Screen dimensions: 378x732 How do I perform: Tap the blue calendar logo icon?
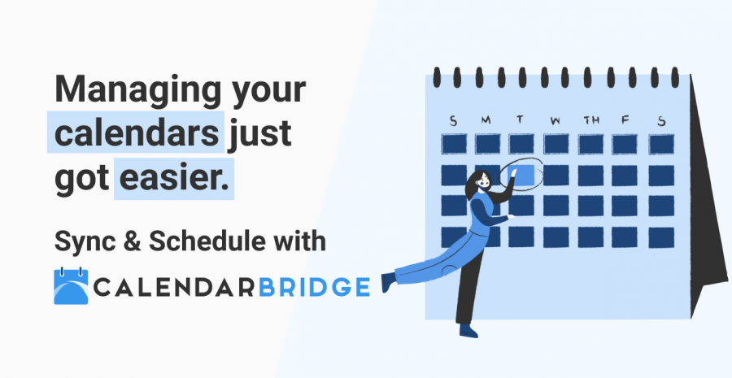pos(70,286)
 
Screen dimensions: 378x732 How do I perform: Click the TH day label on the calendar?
pos(591,121)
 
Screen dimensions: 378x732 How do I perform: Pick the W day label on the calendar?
pos(556,121)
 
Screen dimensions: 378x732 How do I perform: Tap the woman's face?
pos(480,182)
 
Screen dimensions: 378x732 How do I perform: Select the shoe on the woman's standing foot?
pos(468,331)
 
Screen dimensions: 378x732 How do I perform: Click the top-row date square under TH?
pos(591,144)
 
